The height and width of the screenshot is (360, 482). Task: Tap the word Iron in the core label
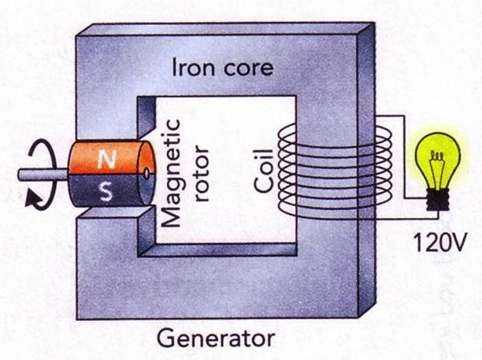point(193,68)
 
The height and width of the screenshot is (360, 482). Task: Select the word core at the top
point(246,68)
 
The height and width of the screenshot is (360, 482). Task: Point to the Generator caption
point(216,338)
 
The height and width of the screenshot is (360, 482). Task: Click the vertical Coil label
point(263,168)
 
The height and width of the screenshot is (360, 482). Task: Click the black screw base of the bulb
point(438,198)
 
